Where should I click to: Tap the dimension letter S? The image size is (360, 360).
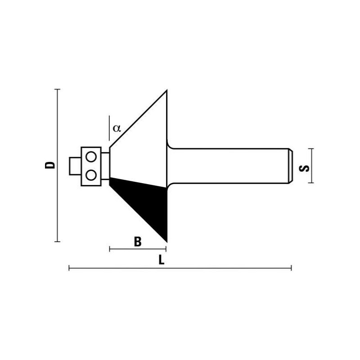[304, 168]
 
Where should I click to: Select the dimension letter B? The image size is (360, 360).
[138, 242]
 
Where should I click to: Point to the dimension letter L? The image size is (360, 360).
[162, 260]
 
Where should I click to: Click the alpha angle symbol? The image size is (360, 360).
[117, 128]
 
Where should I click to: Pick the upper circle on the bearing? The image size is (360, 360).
[91, 157]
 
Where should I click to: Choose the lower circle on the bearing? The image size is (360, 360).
[91, 175]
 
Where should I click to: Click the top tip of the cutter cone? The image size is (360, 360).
[167, 91]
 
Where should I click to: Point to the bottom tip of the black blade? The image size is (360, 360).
[166, 240]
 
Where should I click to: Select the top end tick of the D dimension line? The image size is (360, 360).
[57, 90]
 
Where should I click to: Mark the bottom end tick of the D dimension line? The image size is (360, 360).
[57, 242]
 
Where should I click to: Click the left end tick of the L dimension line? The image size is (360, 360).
[69, 268]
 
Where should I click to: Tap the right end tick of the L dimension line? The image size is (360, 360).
[292, 268]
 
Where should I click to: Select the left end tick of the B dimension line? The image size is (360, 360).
[110, 249]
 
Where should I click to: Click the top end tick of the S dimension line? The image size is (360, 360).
[311, 148]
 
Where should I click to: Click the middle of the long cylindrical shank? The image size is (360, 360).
[229, 166]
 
